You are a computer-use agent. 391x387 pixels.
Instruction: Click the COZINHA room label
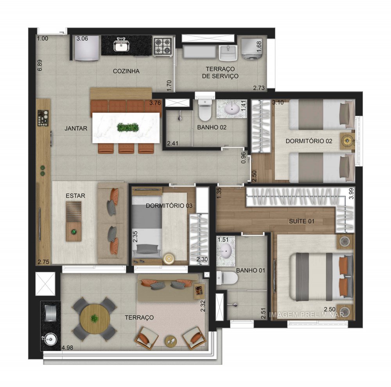coord(126,71)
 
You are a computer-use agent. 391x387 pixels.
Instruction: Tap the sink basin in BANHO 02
coord(230,109)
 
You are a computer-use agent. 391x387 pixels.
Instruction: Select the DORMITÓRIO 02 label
coord(309,141)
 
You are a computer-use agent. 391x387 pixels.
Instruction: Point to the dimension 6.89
coord(39,65)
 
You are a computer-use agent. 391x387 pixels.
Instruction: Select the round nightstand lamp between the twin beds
coord(346,140)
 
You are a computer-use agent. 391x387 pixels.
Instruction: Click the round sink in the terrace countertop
coord(50,339)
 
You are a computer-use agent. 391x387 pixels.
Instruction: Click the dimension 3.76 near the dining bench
coord(155,103)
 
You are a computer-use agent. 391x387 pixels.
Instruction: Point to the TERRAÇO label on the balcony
coord(140,317)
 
